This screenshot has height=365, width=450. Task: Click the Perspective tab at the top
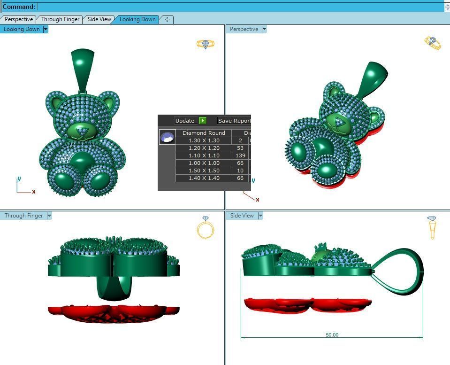19,19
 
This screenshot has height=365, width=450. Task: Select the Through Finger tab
61,19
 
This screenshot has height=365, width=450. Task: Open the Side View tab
99,19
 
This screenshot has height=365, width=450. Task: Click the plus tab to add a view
167,19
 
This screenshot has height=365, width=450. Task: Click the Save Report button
234,121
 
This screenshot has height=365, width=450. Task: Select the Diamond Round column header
204,133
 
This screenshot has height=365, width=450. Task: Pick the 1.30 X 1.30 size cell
204,140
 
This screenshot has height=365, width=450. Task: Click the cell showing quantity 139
241,155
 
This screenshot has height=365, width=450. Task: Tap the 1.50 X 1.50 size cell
204,171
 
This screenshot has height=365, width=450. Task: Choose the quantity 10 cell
241,171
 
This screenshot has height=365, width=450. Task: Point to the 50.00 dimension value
332,335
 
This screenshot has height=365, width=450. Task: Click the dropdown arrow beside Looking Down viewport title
46,29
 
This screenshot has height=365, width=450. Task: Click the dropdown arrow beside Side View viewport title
260,216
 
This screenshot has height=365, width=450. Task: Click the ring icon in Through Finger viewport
205,228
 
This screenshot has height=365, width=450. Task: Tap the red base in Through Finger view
114,311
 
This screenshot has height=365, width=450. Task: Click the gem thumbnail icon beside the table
167,137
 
